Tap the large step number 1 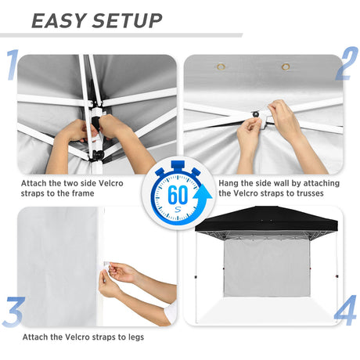[x=12, y=66]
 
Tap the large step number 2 [x=347, y=67]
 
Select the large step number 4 [x=345, y=311]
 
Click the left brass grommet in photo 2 [x=221, y=67]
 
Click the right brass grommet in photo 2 [x=286, y=67]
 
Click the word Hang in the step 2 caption [x=207, y=183]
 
